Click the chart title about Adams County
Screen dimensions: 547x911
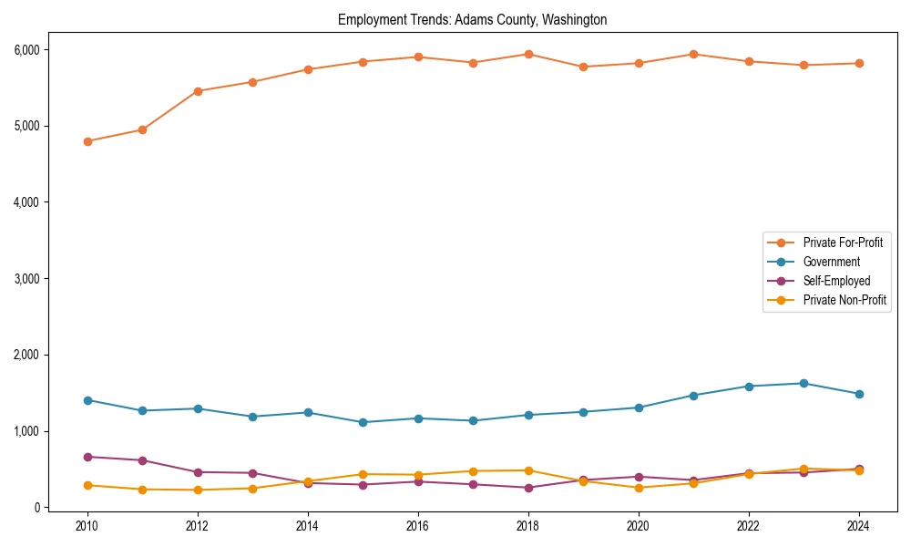coord(472,19)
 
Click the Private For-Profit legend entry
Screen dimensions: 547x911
coord(843,243)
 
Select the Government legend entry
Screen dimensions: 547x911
coord(831,262)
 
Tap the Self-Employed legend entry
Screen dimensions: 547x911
coord(836,281)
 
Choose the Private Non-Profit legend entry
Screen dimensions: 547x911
coord(844,300)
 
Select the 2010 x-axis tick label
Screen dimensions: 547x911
coord(87,526)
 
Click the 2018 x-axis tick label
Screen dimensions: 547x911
coord(528,526)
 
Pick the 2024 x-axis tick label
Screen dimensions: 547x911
coord(859,526)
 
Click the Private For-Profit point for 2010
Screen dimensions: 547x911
coord(87,141)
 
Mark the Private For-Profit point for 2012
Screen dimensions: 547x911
coord(198,91)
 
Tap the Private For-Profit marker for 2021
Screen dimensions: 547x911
coord(693,54)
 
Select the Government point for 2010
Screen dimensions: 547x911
coord(87,400)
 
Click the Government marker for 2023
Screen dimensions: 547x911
coord(804,383)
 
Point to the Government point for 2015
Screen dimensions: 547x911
coord(363,422)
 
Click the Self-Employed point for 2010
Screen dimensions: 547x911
coord(87,457)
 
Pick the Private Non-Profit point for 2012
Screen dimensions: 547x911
coord(198,490)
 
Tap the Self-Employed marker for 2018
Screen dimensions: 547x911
coord(528,488)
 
